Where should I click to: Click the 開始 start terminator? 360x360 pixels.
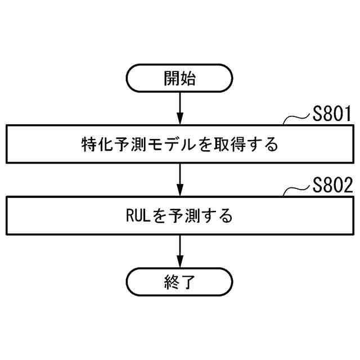pyautogui.click(x=179, y=78)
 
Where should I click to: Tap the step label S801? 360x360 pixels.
pyautogui.click(x=332, y=115)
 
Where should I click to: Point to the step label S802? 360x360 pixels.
pyautogui.click(x=332, y=186)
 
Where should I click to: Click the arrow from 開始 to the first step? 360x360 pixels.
pyautogui.click(x=179, y=107)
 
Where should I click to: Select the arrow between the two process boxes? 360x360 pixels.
pyautogui.click(x=179, y=179)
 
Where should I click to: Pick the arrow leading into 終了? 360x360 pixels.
pyautogui.click(x=179, y=251)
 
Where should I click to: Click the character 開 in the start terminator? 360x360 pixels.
pyautogui.click(x=172, y=78)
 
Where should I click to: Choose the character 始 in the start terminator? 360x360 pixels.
pyautogui.click(x=188, y=78)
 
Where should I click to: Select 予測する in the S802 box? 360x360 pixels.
pyautogui.click(x=200, y=215)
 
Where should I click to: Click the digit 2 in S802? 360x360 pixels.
pyautogui.click(x=346, y=186)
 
